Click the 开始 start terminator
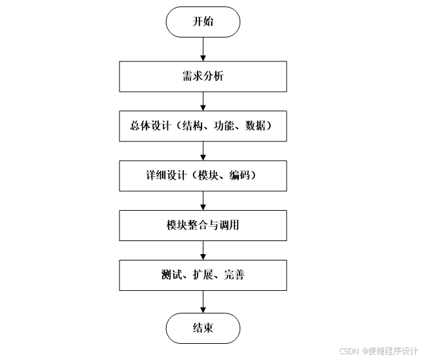pyautogui.click(x=203, y=21)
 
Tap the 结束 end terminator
pyautogui.click(x=203, y=328)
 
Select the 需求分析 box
pyautogui.click(x=203, y=76)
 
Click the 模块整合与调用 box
pyautogui.click(x=203, y=226)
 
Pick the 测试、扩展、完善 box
pyautogui.click(x=203, y=275)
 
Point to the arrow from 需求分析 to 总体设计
pyautogui.click(x=203, y=101)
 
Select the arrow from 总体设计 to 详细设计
pyautogui.click(x=203, y=151)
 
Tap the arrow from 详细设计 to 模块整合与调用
pyautogui.click(x=203, y=200)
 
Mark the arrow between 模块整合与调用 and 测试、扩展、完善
pyautogui.click(x=203, y=250)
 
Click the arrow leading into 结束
pyautogui.click(x=203, y=301)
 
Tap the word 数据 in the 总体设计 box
pyautogui.click(x=253, y=126)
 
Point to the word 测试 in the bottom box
pyautogui.click(x=170, y=275)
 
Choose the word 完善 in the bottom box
pyautogui.click(x=234, y=275)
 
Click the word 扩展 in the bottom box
pyautogui.click(x=202, y=275)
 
